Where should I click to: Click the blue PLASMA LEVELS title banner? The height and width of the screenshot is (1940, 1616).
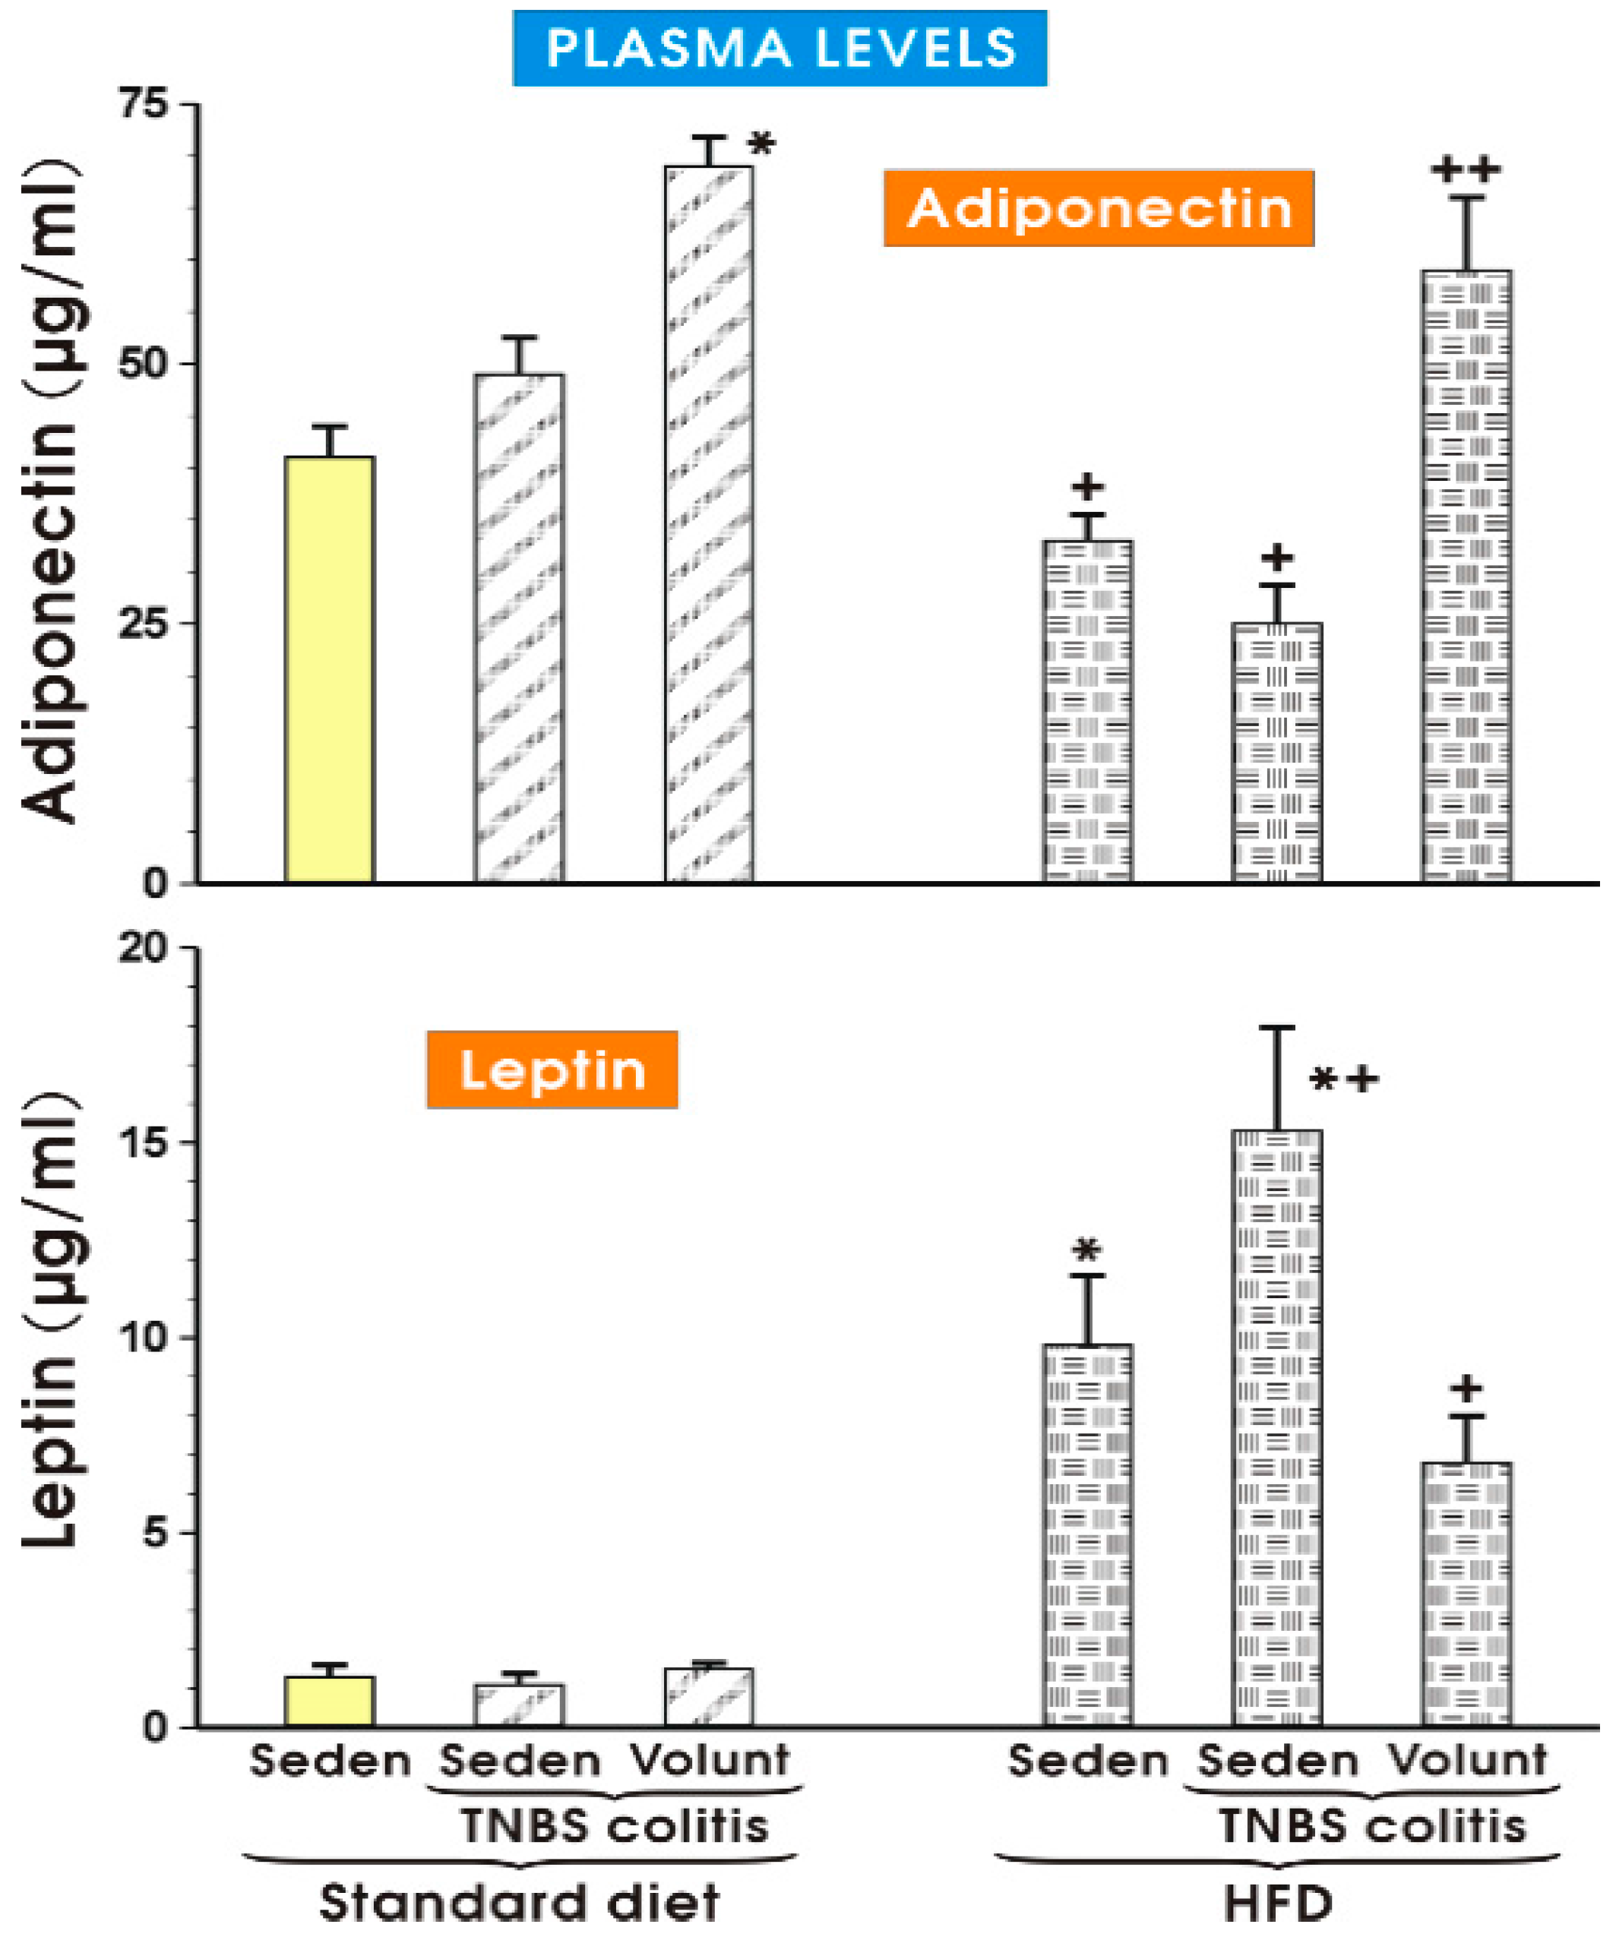click(x=779, y=48)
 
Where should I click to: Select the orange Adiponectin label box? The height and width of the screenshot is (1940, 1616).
click(x=1098, y=208)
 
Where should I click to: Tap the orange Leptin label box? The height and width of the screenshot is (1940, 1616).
click(x=552, y=1070)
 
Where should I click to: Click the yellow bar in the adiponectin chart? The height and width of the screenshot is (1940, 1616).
click(x=329, y=670)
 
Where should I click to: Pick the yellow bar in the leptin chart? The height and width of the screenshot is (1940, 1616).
click(x=329, y=1701)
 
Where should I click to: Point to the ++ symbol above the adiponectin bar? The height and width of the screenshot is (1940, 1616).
click(x=1466, y=170)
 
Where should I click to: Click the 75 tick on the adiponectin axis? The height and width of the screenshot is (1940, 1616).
click(x=146, y=104)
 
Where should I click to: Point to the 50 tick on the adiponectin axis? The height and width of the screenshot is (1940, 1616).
click(x=146, y=364)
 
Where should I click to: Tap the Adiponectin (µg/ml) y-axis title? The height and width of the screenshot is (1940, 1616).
click(x=51, y=490)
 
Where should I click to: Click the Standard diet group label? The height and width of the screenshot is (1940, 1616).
click(x=519, y=1905)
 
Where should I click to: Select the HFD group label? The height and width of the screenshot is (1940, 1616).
click(x=1279, y=1905)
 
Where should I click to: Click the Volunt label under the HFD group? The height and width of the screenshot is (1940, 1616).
click(x=1467, y=1761)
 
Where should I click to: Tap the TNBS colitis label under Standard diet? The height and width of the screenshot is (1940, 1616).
click(x=615, y=1826)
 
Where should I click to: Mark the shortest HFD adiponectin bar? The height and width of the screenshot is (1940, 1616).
click(x=1277, y=753)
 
